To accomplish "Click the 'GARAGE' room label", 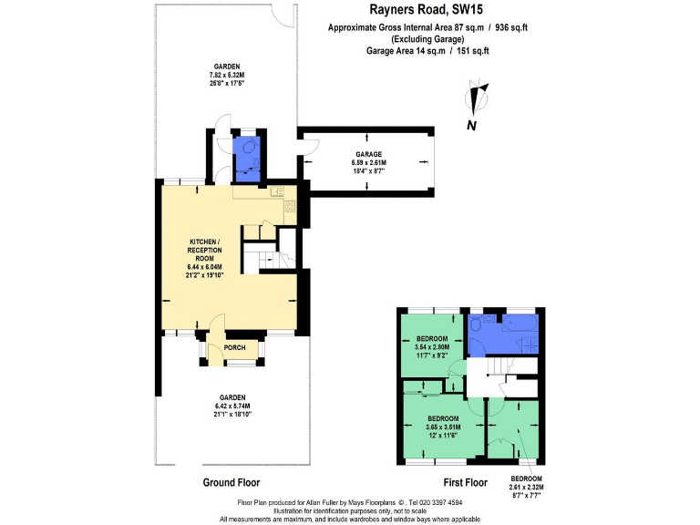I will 368,154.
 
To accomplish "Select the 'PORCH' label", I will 234,346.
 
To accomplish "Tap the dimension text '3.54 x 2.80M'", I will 433,346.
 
